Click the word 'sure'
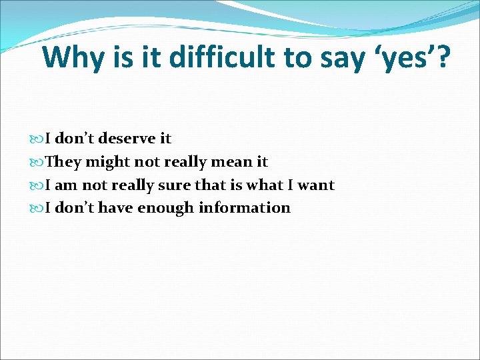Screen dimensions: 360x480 coord(175,185)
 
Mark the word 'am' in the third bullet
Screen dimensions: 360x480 coord(66,185)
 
